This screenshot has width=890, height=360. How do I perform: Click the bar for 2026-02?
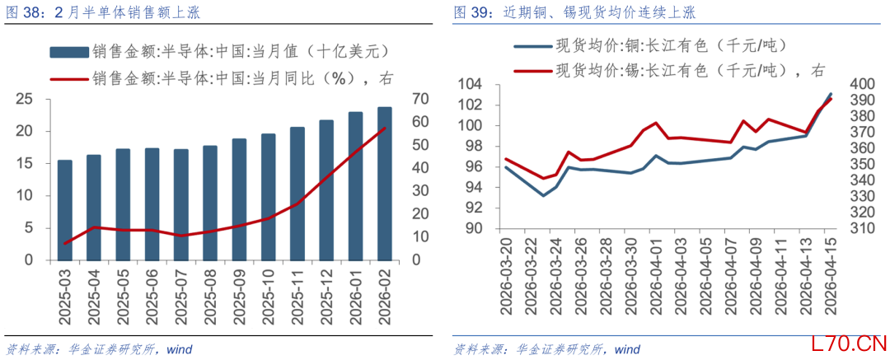tap(385, 183)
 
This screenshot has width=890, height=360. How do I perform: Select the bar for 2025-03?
tap(64, 209)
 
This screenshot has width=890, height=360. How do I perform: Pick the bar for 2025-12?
tap(326, 189)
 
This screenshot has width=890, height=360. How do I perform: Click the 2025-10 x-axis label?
tap(268, 295)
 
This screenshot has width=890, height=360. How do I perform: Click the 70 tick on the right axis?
tap(419, 99)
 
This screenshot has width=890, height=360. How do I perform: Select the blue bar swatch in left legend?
tap(68, 53)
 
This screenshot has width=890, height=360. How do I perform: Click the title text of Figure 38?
tap(103, 12)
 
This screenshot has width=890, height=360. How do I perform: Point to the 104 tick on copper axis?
tap(472, 84)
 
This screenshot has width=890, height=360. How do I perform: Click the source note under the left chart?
tap(99, 349)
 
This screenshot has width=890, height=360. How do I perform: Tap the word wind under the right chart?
tap(627, 349)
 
